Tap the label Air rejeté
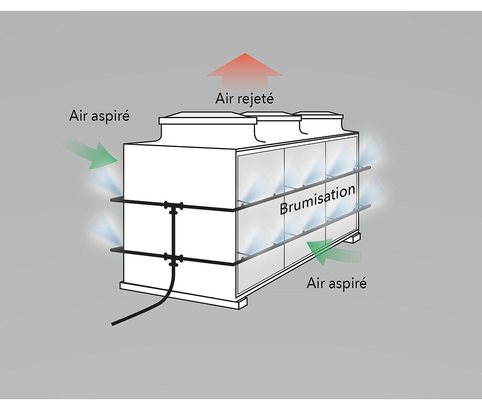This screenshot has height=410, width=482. (244, 98)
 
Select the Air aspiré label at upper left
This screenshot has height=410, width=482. (99, 116)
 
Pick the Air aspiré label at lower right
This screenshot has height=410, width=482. (337, 283)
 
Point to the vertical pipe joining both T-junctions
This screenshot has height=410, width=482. (173, 233)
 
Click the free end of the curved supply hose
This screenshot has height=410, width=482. (113, 324)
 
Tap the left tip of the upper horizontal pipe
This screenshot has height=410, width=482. (111, 200)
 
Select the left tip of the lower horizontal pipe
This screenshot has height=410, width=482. (111, 250)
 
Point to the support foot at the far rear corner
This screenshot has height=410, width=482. (356, 238)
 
